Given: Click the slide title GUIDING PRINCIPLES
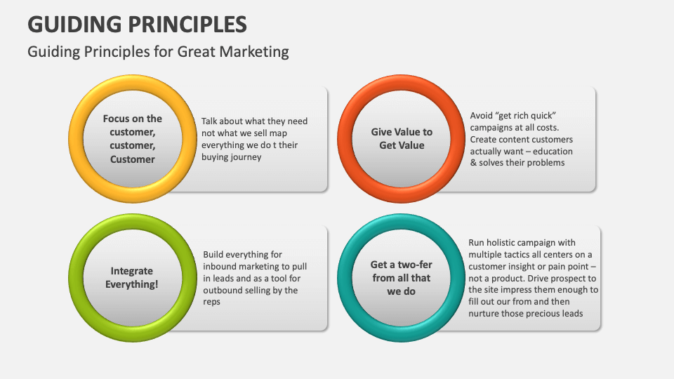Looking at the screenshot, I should point(137,24).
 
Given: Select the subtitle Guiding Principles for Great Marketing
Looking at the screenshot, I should point(158,52).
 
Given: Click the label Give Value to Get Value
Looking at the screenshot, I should point(402,138).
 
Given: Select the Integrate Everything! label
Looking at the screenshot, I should point(132,277).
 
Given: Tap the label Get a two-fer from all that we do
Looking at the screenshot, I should point(401,277).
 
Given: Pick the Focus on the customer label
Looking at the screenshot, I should point(132,138).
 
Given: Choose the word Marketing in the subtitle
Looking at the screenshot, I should point(253,52).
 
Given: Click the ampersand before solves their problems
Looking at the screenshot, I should point(474,163).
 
